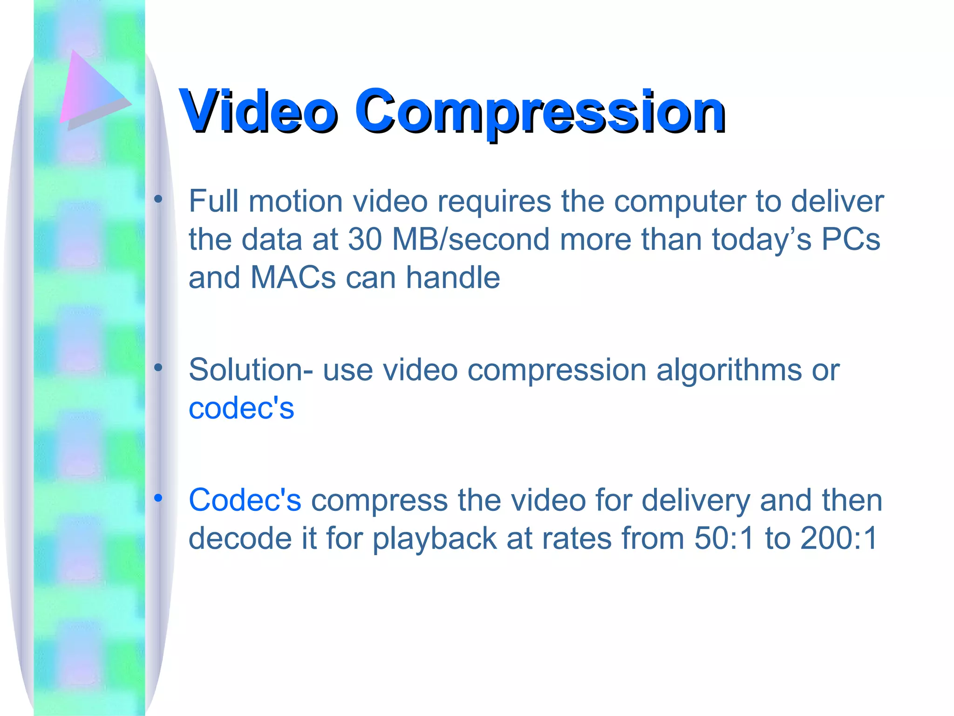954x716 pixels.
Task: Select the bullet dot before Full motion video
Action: pyautogui.click(x=158, y=200)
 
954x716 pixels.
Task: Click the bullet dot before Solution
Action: pyautogui.click(x=158, y=368)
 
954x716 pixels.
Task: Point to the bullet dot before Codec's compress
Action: pyautogui.click(x=158, y=498)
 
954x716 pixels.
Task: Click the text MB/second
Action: pyautogui.click(x=471, y=240)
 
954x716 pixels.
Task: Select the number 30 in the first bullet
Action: pyautogui.click(x=365, y=240)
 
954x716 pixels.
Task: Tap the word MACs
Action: pyautogui.click(x=293, y=278)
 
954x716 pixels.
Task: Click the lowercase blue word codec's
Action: pyautogui.click(x=241, y=408)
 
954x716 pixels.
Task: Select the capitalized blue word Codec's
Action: pyautogui.click(x=245, y=500)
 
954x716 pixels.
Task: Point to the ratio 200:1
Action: pyautogui.click(x=839, y=538)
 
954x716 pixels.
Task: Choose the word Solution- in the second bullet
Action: pyautogui.click(x=251, y=370)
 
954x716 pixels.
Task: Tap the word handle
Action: pyautogui.click(x=453, y=278)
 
